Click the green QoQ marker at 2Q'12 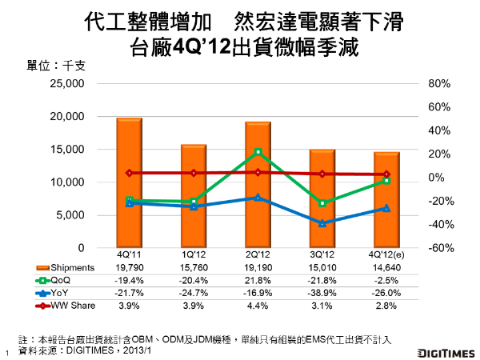pyautogui.click(x=258, y=152)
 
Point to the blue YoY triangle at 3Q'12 pyautogui.click(x=322, y=223)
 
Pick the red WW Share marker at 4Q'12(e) pyautogui.click(x=386, y=174)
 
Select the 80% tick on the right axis pyautogui.click(x=441, y=84)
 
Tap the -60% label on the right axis pyautogui.click(x=441, y=248)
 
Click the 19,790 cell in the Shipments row pyautogui.click(x=130, y=267)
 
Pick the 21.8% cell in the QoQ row pyautogui.click(x=258, y=280)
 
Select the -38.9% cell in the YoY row pyautogui.click(x=322, y=293)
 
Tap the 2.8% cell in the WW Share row pyautogui.click(x=386, y=306)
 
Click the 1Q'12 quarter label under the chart pyautogui.click(x=194, y=254)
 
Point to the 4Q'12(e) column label pyautogui.click(x=386, y=254)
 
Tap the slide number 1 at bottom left pyautogui.click(x=6, y=352)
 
